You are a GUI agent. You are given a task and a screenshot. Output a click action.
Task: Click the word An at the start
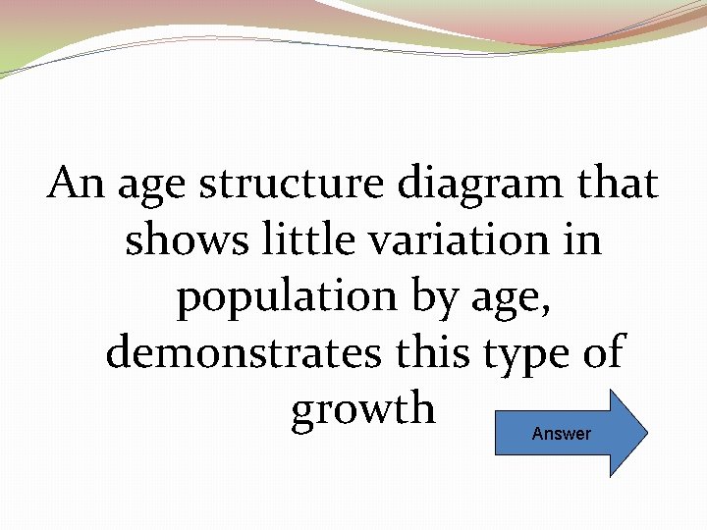(x=76, y=183)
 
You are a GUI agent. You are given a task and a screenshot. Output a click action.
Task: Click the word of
(x=602, y=351)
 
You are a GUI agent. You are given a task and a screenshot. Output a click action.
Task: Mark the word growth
(x=363, y=408)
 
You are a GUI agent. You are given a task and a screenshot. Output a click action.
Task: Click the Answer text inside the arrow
(x=561, y=434)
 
